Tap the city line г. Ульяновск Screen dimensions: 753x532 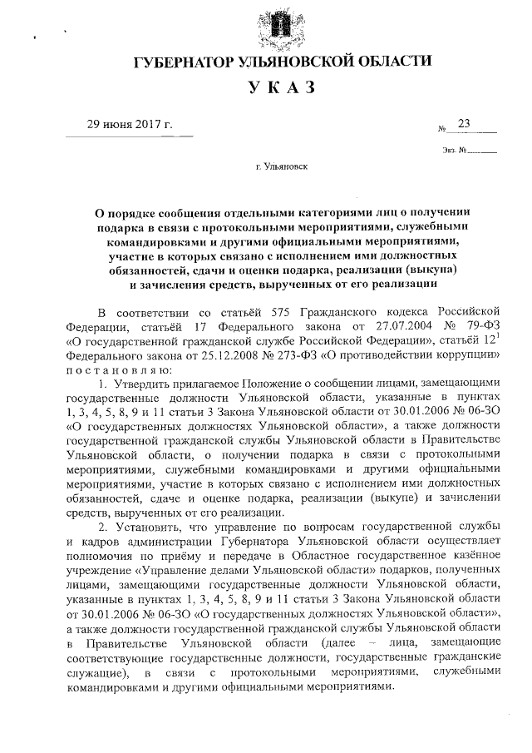(x=282, y=167)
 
